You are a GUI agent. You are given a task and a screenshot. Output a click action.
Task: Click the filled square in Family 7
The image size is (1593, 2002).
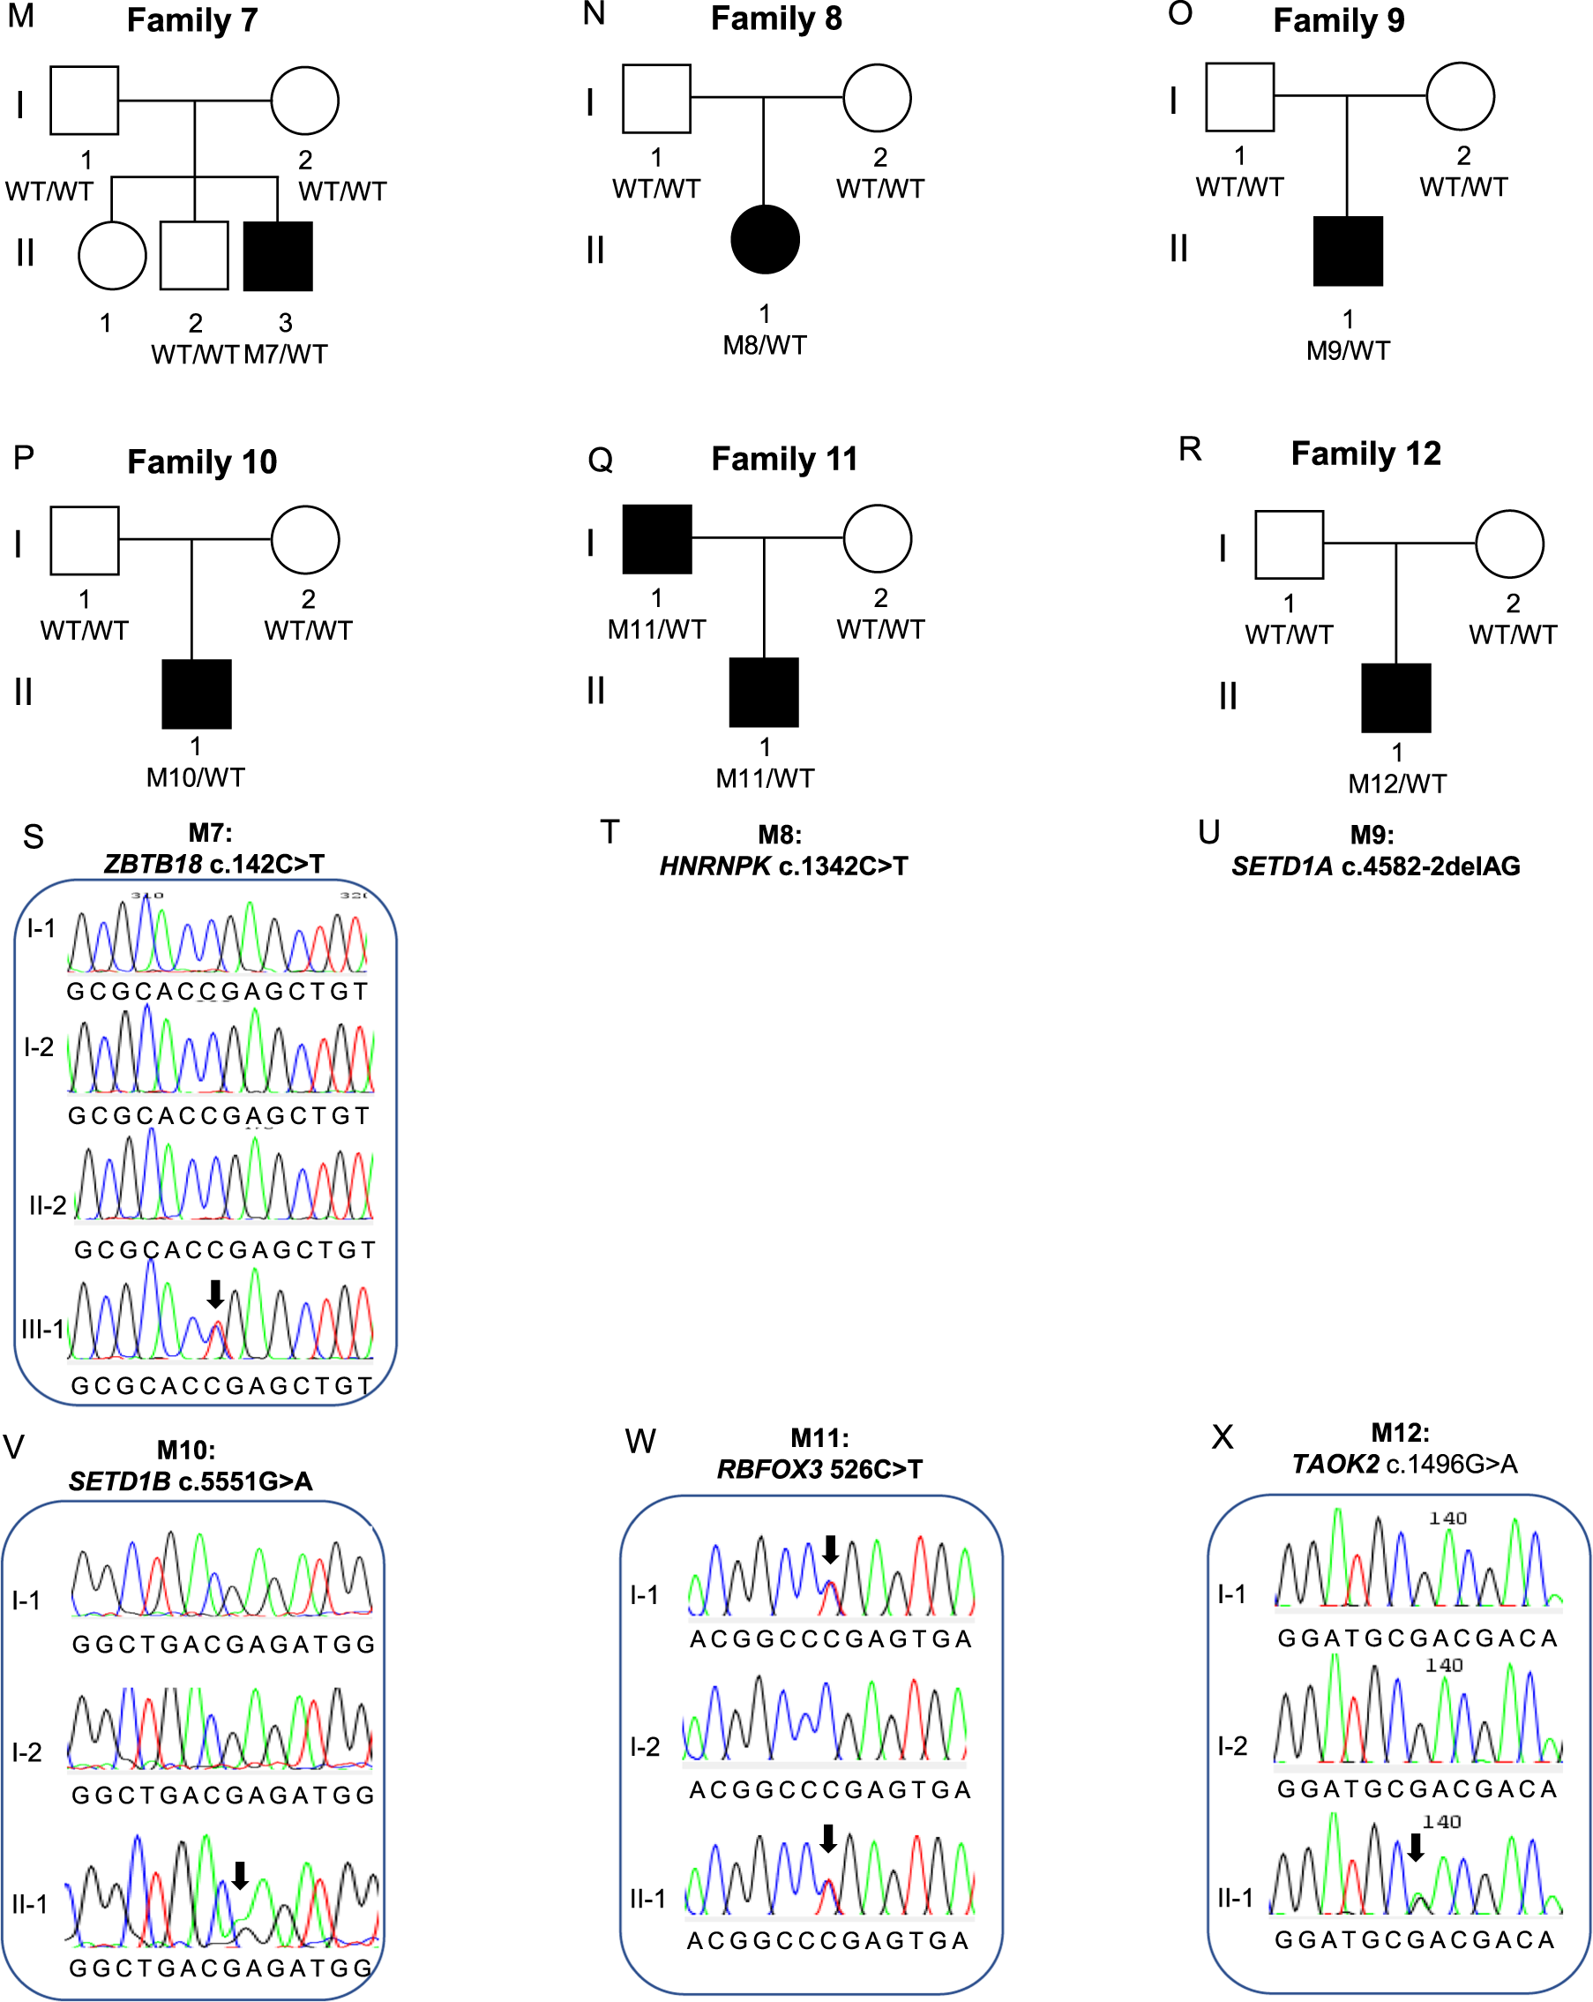pyautogui.click(x=278, y=256)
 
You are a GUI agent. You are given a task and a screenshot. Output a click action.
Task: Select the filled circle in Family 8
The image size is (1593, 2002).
pyautogui.click(x=765, y=240)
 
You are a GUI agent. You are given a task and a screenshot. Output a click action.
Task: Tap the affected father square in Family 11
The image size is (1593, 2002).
pyautogui.click(x=656, y=539)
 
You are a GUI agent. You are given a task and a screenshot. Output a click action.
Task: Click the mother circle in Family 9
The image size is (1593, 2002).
pyautogui.click(x=1459, y=96)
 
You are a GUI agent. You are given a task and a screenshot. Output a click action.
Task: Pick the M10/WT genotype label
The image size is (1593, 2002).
pyautogui.click(x=195, y=777)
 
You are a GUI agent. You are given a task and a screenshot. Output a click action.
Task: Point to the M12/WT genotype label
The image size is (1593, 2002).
pyautogui.click(x=1396, y=784)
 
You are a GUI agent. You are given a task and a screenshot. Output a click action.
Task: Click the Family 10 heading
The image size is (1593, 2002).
pyautogui.click(x=201, y=461)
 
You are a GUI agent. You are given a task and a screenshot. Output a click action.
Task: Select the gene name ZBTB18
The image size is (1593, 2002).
pyautogui.click(x=153, y=864)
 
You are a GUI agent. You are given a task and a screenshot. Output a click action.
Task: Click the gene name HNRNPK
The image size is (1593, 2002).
pyautogui.click(x=714, y=866)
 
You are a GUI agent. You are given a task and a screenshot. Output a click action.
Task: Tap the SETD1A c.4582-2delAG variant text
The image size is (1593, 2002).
pyautogui.click(x=1375, y=866)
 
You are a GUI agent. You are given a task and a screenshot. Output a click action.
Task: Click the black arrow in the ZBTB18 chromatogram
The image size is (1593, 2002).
pyautogui.click(x=214, y=1293)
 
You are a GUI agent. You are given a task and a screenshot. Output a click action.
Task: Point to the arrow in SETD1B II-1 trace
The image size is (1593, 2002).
pyautogui.click(x=240, y=1875)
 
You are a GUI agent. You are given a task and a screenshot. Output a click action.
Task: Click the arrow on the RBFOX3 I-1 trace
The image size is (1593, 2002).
pyautogui.click(x=830, y=1548)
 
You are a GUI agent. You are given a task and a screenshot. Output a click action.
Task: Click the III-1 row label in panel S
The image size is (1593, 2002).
pyautogui.click(x=42, y=1329)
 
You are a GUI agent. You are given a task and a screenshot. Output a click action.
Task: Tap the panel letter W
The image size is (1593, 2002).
pyautogui.click(x=640, y=1441)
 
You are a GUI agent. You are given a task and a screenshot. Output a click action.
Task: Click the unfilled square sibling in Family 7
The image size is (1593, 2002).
pyautogui.click(x=194, y=255)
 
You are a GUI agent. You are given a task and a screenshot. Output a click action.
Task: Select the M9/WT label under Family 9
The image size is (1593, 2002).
pyautogui.click(x=1348, y=351)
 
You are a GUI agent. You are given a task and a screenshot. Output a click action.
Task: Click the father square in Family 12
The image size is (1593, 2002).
pyautogui.click(x=1289, y=545)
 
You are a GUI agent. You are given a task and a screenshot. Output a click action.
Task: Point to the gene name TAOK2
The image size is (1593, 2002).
pyautogui.click(x=1335, y=1464)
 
